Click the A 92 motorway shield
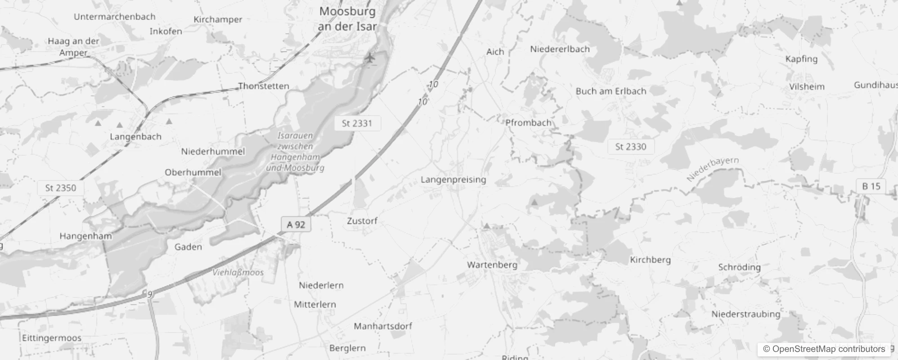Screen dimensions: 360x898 click(296, 224)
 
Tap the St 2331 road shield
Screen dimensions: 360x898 click(357, 123)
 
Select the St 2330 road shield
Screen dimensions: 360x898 click(631, 147)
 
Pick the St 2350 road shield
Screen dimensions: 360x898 click(61, 188)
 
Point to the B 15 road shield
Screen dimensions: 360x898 click(871, 186)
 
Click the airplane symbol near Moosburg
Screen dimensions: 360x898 click(370, 58)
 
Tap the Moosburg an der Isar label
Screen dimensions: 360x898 click(347, 19)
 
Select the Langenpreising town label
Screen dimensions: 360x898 click(453, 180)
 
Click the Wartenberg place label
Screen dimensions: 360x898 click(492, 265)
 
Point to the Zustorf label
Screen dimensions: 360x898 click(362, 221)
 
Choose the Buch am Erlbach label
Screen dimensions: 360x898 click(611, 91)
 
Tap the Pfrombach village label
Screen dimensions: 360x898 click(528, 122)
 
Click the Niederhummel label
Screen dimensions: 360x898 click(213, 151)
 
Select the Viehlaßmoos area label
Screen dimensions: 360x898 click(238, 272)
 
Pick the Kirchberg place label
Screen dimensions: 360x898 click(650, 260)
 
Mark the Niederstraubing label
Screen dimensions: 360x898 click(745, 314)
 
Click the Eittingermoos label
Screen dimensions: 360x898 click(52, 338)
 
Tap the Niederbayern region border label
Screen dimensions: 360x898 click(712, 169)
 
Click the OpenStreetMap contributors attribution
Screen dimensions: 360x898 click(824, 349)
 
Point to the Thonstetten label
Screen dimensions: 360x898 click(264, 86)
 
